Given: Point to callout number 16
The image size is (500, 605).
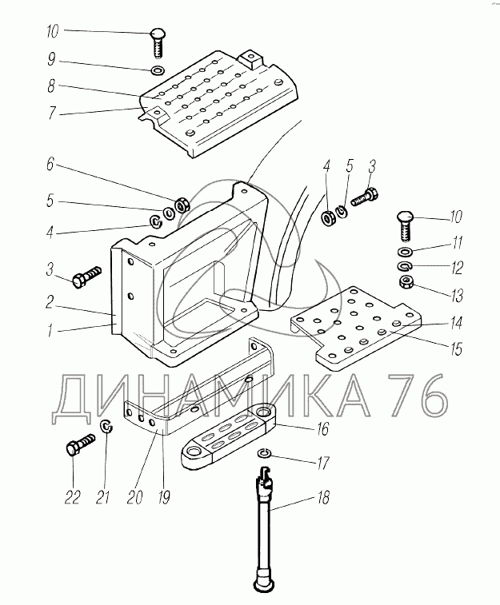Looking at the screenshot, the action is point(322,429).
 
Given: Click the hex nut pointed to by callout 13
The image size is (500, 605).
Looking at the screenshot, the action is point(404,282).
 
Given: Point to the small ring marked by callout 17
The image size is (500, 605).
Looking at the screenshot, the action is point(266,455).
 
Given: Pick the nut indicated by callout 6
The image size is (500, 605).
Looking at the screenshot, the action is point(182,205).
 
